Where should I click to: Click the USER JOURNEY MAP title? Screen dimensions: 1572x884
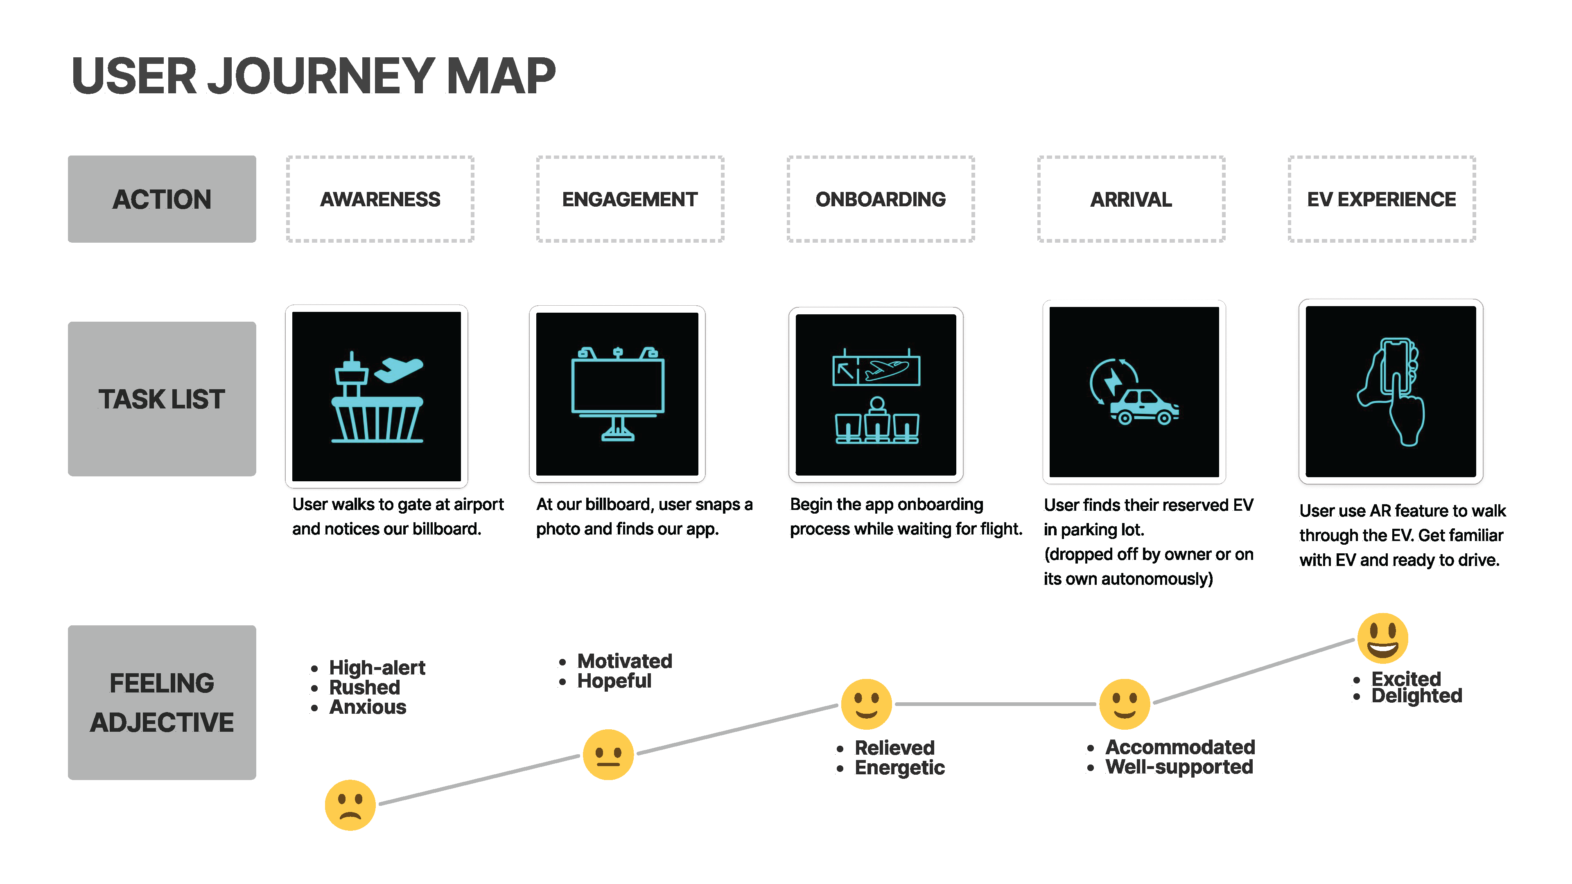pos(313,76)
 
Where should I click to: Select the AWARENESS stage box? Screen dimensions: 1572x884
pos(380,199)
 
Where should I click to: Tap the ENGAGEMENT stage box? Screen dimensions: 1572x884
pos(630,199)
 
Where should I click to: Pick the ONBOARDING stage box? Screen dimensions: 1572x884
pos(881,199)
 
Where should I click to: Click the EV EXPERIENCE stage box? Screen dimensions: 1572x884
pos(1382,199)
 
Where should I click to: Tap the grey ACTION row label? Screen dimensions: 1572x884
pos(162,199)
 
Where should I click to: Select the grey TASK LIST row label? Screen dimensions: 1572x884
pos(162,399)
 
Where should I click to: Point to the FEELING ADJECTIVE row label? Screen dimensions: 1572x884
pos(162,702)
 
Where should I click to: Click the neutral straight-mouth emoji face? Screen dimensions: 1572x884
pos(608,755)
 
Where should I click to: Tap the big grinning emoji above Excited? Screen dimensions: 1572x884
pos(1382,638)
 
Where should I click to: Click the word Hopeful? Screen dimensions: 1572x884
pos(614,681)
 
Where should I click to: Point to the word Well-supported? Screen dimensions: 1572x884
pos(1179,767)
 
